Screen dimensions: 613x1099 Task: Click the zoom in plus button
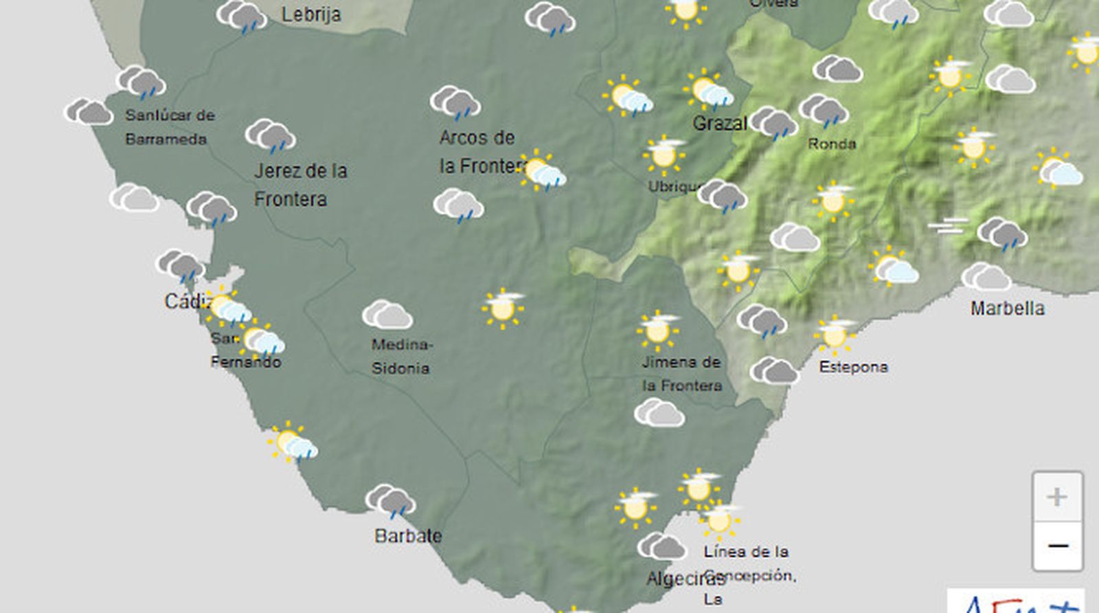1056,496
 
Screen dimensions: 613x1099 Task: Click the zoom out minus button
1058,546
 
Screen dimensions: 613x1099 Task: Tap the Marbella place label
1007,308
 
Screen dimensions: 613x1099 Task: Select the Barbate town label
408,535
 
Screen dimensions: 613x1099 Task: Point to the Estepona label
853,367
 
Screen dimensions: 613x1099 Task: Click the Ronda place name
832,144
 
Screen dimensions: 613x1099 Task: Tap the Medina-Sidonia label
400,356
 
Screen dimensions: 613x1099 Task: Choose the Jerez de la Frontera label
300,184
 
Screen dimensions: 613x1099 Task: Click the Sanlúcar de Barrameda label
169,127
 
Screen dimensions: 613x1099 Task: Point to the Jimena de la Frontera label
681,374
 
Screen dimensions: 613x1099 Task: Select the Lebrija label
310,14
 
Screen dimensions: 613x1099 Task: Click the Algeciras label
676,579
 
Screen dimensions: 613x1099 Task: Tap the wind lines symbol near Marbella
949,225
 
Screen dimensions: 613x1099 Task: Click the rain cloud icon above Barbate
390,501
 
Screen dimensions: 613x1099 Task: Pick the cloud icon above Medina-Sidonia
387,315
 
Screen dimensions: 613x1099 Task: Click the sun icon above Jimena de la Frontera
658,330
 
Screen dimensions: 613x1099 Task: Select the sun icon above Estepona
835,335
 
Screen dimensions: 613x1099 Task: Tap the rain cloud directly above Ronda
824,111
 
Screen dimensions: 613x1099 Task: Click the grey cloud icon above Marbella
986,277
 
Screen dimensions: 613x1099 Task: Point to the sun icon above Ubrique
664,155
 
